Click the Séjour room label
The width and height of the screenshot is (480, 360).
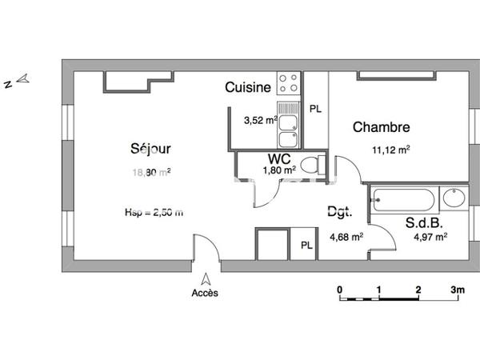[x=150, y=148]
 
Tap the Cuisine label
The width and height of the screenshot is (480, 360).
[x=247, y=87]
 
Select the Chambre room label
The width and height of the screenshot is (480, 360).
[x=382, y=127]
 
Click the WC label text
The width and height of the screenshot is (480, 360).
[x=279, y=158]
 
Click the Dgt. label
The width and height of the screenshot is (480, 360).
[x=339, y=213]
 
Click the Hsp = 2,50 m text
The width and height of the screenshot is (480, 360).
[x=154, y=212]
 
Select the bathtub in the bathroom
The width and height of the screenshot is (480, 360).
[x=405, y=199]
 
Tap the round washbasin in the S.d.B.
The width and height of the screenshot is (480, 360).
[x=453, y=198]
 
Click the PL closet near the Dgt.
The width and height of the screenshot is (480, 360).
[x=306, y=245]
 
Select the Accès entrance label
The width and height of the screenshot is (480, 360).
[x=205, y=293]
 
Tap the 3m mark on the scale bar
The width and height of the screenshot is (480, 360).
[x=457, y=290]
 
